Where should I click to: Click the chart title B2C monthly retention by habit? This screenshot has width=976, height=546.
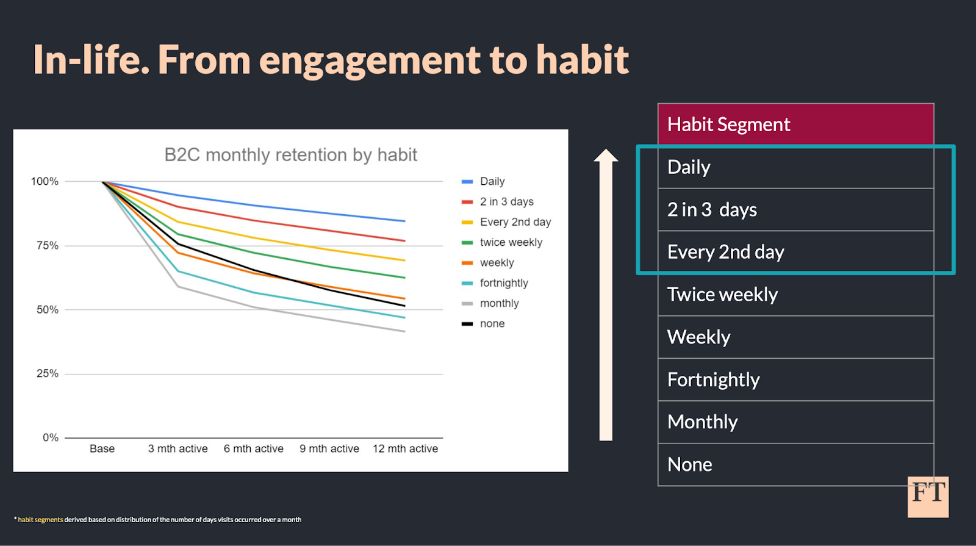(x=290, y=155)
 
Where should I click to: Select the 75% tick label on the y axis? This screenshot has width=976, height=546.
(x=48, y=245)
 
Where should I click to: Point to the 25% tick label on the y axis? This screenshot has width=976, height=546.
(x=48, y=373)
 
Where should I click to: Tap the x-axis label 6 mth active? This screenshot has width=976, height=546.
(x=253, y=448)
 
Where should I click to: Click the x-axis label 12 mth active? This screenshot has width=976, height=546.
(x=405, y=448)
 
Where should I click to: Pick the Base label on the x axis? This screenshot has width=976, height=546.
(x=102, y=448)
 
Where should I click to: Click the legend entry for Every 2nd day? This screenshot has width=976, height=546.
(x=515, y=222)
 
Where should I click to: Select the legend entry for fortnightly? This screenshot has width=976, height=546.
(x=503, y=283)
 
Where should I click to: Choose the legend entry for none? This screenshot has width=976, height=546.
(x=492, y=324)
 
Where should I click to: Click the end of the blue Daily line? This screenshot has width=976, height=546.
(x=404, y=221)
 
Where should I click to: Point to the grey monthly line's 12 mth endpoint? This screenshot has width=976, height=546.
(x=404, y=331)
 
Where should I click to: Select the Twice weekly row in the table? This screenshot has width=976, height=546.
(x=722, y=295)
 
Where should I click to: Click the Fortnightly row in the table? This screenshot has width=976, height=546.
(x=713, y=379)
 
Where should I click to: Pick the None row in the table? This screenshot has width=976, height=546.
(x=689, y=464)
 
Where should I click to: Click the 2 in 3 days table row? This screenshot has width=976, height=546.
(x=712, y=210)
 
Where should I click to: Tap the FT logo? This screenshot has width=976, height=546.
(x=928, y=497)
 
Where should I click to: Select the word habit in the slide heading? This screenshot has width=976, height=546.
(x=582, y=60)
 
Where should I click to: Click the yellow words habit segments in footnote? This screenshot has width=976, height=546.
(x=40, y=520)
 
